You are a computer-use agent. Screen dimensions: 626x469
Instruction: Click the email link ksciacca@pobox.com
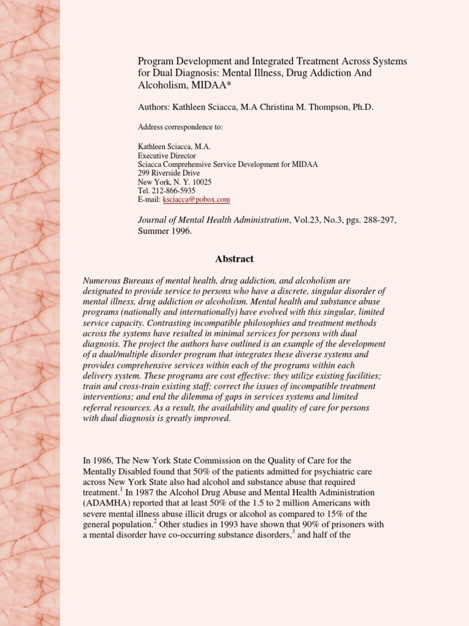(x=195, y=199)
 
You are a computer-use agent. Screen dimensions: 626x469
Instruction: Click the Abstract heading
(x=234, y=259)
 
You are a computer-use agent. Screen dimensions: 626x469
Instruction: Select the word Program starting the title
(x=155, y=62)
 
